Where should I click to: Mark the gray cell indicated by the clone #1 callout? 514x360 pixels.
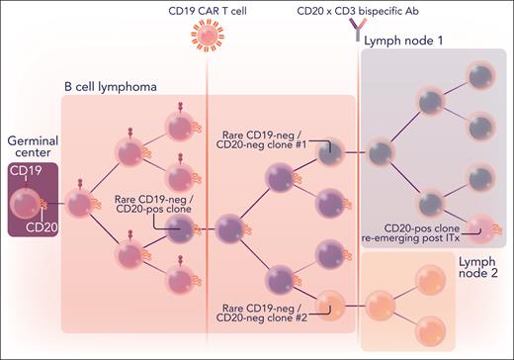331,151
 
